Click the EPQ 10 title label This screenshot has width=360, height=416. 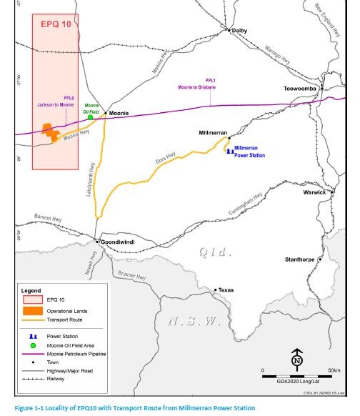[x=55, y=24]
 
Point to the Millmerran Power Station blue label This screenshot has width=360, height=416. [x=250, y=150]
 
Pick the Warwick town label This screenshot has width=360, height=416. [x=314, y=192]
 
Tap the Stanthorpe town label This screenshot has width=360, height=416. [x=300, y=259]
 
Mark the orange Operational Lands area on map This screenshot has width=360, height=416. [x=50, y=131]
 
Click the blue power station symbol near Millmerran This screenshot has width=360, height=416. [x=229, y=150]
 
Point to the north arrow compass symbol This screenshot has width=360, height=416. [x=297, y=357]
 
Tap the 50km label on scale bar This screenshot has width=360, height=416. [x=334, y=370]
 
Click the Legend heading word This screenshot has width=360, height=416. [x=31, y=290]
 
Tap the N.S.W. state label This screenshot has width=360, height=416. [x=194, y=321]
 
